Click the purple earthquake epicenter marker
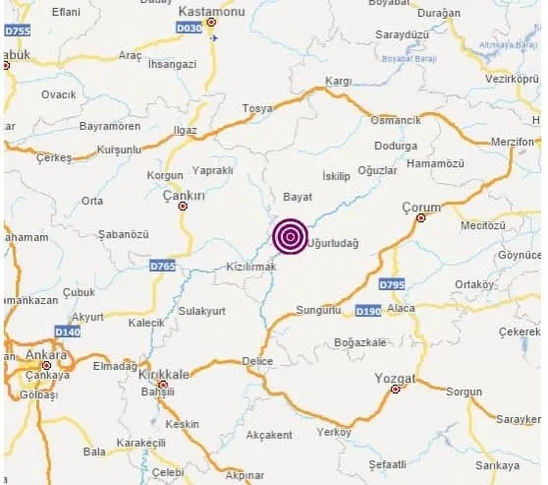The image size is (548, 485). (x=289, y=236)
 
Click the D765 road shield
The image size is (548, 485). (x=163, y=266)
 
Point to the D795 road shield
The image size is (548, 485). (x=392, y=284)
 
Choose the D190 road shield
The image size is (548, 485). (x=367, y=311)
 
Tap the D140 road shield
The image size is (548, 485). (x=68, y=332)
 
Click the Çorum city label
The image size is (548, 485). (x=422, y=208)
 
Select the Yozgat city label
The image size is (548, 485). (x=396, y=377)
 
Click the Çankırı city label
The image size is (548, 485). (x=183, y=197)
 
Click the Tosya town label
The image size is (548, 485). (x=256, y=108)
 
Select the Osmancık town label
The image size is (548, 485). (x=395, y=120)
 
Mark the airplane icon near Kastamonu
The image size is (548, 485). (x=214, y=38)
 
